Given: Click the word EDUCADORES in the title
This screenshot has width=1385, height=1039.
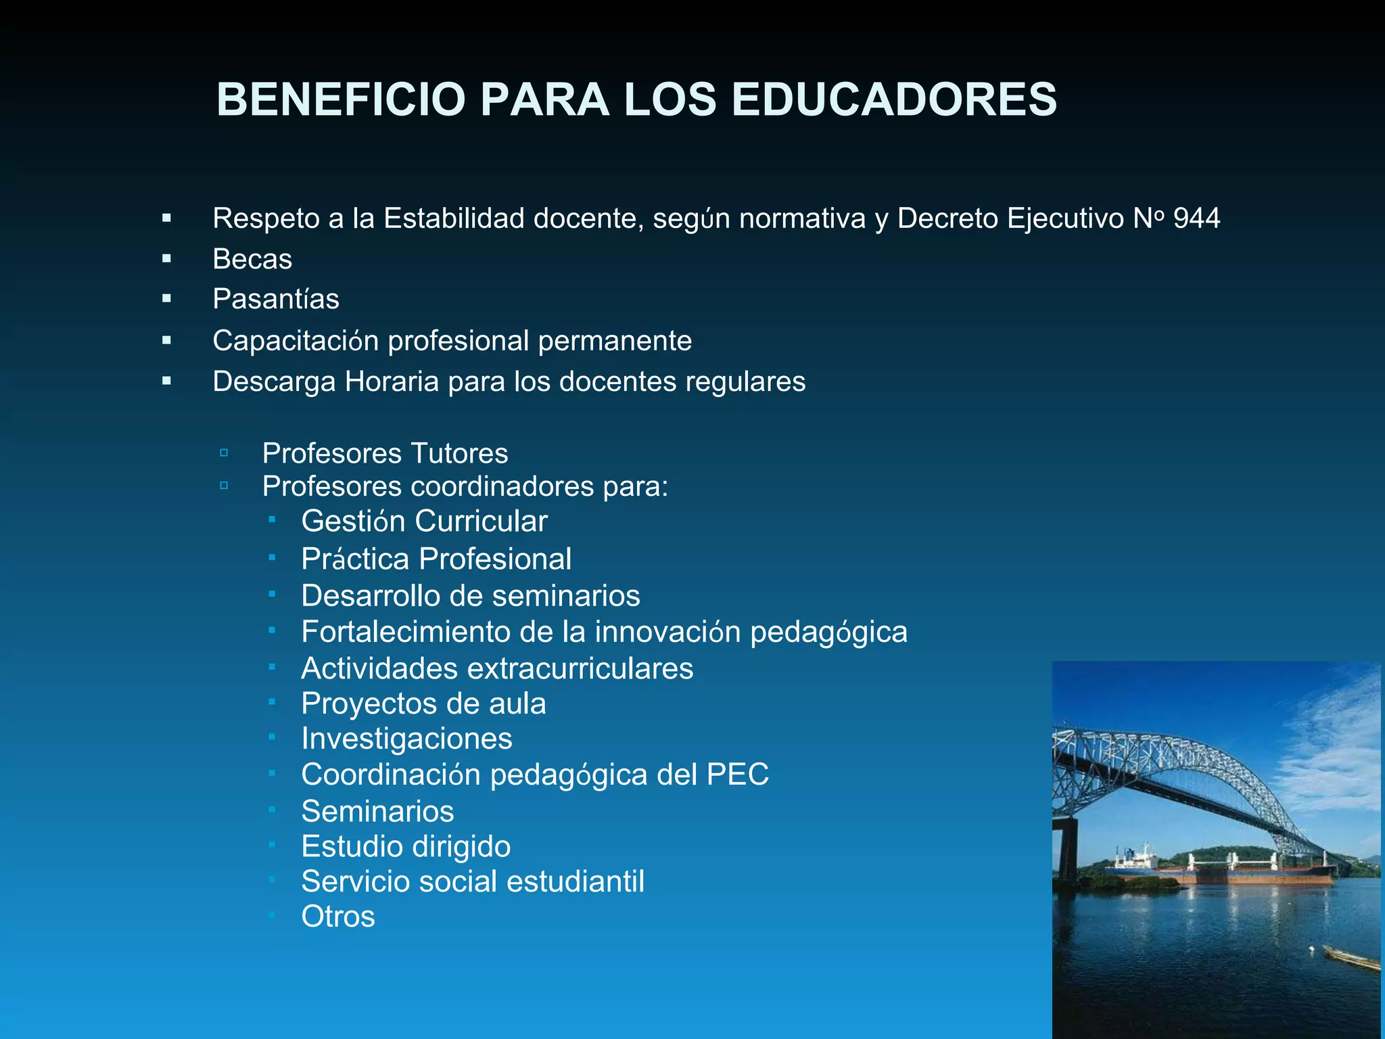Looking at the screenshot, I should tap(893, 100).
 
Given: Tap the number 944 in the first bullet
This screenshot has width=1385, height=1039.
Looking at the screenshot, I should tap(1196, 218).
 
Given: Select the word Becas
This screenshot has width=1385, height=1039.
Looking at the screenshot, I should tap(252, 259).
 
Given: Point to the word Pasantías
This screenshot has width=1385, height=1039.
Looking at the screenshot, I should tap(276, 299).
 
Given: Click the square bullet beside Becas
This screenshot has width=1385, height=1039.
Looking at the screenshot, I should tap(166, 258).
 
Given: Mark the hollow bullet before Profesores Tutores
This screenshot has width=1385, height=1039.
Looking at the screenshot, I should tap(224, 453).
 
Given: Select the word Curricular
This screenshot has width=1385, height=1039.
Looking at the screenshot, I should tap(481, 521).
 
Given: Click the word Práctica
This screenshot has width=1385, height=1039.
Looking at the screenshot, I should tap(355, 559).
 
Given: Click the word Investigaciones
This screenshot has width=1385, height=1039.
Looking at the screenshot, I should tap(406, 738).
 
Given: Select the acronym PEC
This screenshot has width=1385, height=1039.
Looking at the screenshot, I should tap(737, 775).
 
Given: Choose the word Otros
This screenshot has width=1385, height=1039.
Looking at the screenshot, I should tap(337, 917).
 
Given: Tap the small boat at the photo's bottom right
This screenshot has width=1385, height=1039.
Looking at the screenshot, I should tap(1349, 958).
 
